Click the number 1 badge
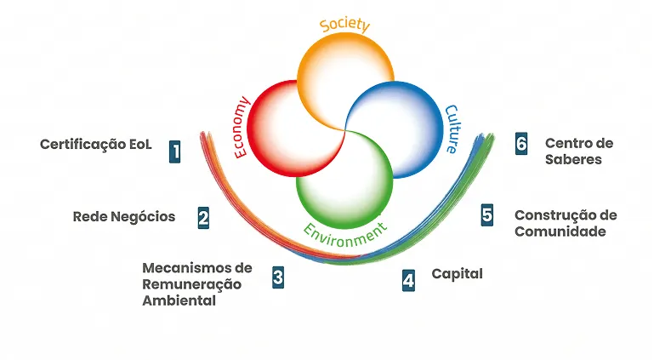174,151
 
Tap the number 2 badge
204,218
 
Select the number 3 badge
278,277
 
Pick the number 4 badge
409,280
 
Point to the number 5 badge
486,214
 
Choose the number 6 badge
521,143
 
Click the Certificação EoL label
95,144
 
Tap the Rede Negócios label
124,216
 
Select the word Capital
457,273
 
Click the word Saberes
573,159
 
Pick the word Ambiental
179,300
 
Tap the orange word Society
344,24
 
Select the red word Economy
241,128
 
